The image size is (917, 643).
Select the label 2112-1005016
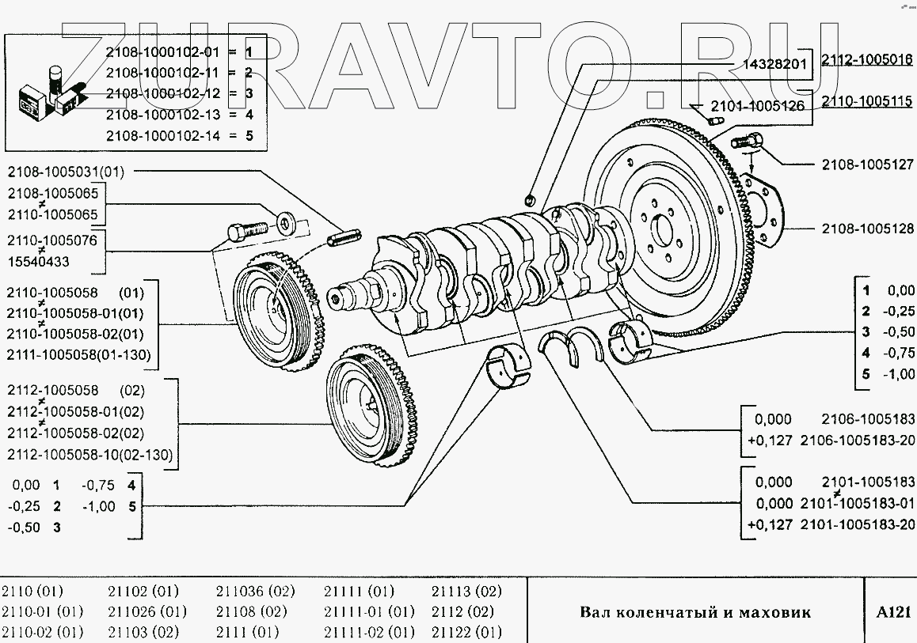point(867,59)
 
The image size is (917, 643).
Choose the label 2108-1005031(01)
point(67,171)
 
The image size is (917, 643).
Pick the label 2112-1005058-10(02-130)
point(89,455)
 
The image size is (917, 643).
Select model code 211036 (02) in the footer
point(255,592)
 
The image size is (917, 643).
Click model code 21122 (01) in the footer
point(466,632)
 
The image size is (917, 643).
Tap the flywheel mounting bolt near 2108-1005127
point(745,142)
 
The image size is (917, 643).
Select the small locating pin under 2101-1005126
point(716,121)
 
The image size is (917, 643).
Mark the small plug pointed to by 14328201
point(531,198)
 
